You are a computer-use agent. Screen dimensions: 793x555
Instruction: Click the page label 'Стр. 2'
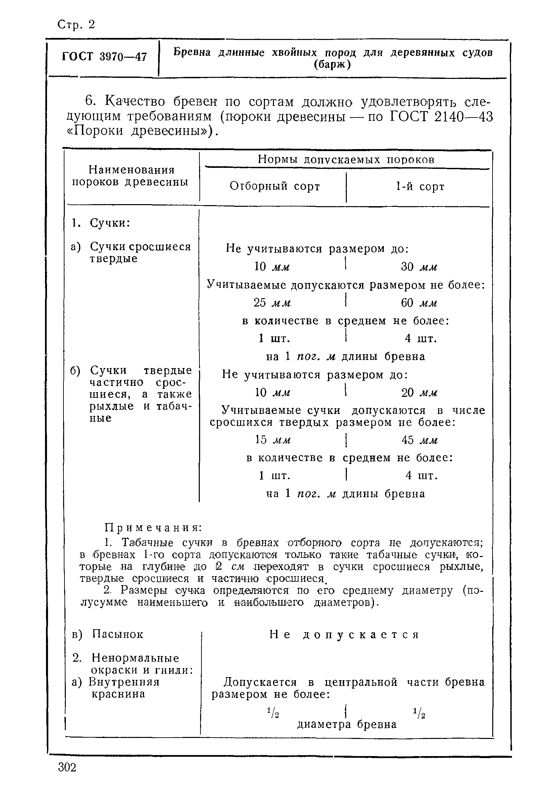(76, 25)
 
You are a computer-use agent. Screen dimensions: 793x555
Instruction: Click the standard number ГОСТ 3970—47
(105, 57)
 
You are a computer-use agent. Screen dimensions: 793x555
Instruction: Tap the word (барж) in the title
(332, 64)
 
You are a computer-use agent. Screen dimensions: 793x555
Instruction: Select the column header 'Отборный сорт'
(275, 187)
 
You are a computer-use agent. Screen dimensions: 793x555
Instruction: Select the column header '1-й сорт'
(420, 187)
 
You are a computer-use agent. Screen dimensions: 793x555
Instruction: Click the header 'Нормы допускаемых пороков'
(346, 159)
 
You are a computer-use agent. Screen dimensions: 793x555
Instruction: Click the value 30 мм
(419, 267)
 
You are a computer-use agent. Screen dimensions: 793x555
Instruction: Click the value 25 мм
(272, 303)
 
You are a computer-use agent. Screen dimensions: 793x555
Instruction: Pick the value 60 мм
(419, 303)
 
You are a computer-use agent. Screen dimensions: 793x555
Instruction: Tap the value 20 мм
(419, 393)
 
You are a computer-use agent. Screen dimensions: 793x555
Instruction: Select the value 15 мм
(273, 440)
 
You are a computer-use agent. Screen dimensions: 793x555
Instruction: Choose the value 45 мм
(420, 440)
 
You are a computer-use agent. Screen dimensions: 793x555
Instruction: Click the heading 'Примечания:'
(153, 528)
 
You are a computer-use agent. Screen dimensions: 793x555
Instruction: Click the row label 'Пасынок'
(118, 635)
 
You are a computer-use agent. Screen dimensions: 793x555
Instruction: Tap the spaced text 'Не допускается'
(344, 635)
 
